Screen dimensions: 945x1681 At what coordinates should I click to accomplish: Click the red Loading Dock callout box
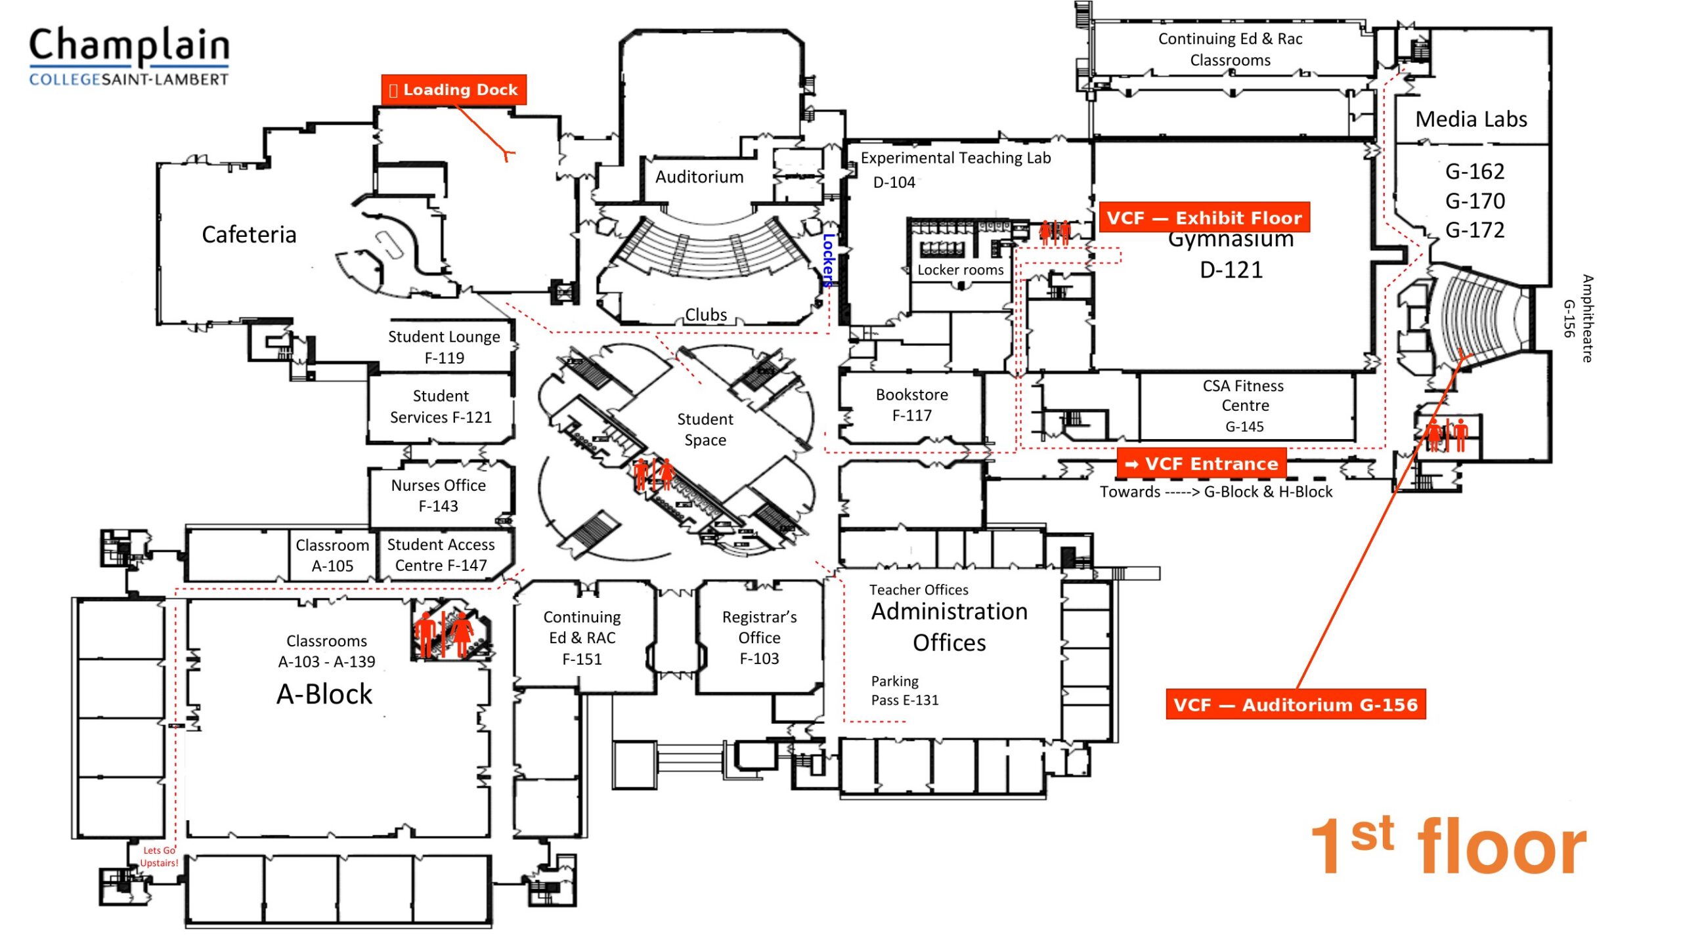click(454, 90)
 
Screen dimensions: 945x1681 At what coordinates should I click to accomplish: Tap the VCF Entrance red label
click(1201, 464)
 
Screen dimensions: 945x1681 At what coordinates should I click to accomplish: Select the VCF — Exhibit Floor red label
click(1204, 218)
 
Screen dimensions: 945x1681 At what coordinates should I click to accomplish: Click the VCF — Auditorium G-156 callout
click(1295, 705)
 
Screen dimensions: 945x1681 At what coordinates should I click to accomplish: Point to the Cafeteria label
click(249, 234)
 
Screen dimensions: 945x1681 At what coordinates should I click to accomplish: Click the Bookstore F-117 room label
click(911, 405)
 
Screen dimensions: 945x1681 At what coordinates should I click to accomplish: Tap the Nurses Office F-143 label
click(438, 495)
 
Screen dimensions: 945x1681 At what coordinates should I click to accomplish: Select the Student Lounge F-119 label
click(444, 347)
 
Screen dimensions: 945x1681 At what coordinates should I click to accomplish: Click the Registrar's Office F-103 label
click(759, 637)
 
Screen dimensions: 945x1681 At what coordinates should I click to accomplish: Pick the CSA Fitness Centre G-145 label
click(1244, 405)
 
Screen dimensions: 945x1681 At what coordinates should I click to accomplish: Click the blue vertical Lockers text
click(829, 261)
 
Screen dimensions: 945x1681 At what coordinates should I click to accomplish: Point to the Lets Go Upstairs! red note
click(159, 856)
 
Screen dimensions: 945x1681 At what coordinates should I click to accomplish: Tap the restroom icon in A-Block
click(445, 633)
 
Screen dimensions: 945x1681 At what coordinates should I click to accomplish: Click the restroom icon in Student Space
click(654, 474)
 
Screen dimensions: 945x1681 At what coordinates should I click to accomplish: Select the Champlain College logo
click(129, 56)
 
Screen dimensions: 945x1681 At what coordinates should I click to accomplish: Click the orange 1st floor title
click(1448, 847)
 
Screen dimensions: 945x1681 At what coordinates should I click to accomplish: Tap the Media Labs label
click(1471, 119)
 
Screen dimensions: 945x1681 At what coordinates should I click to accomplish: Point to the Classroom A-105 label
click(332, 555)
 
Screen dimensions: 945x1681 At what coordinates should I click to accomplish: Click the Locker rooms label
click(960, 270)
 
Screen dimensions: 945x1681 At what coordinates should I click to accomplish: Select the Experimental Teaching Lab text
click(955, 158)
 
